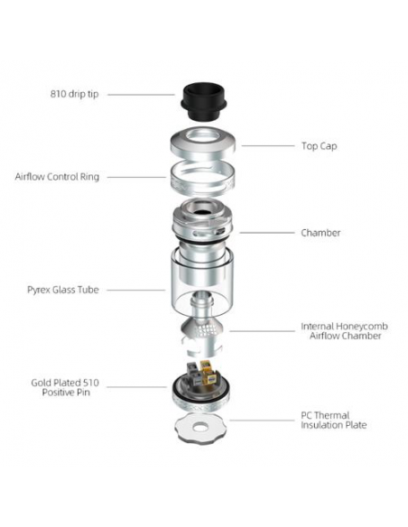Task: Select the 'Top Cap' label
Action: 319,145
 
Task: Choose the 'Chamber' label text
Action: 320,233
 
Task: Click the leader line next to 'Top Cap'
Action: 265,146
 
